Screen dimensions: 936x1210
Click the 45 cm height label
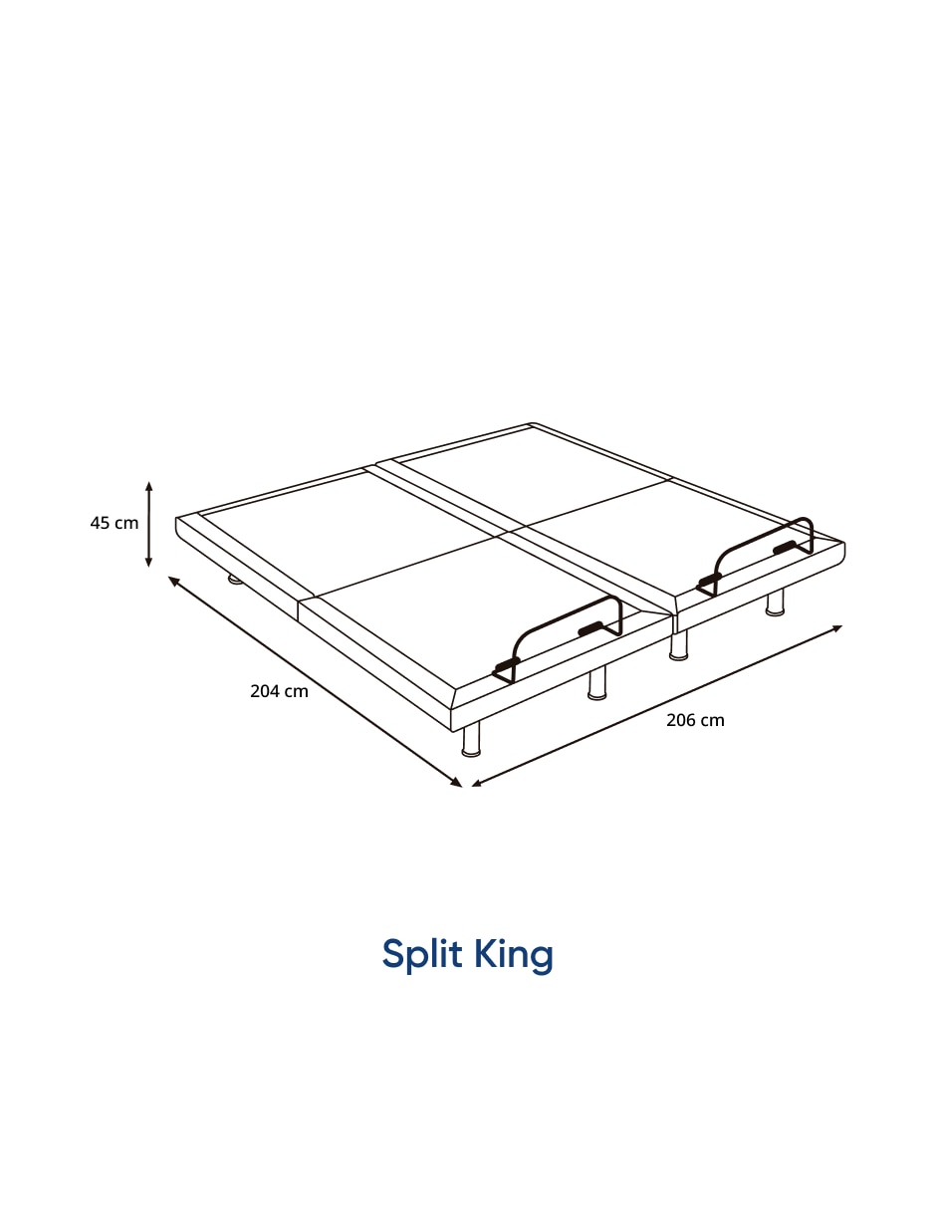115,523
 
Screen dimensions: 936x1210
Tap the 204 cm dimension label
279,691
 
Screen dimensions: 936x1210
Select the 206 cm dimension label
695,720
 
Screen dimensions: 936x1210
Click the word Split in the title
422,955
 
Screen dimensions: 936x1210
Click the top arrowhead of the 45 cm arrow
148,486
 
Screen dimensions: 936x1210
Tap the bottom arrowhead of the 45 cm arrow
148,562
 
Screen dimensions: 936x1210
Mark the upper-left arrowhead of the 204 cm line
173,581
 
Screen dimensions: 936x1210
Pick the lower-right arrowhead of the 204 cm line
457,783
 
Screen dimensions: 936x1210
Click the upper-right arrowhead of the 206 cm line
836,628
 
